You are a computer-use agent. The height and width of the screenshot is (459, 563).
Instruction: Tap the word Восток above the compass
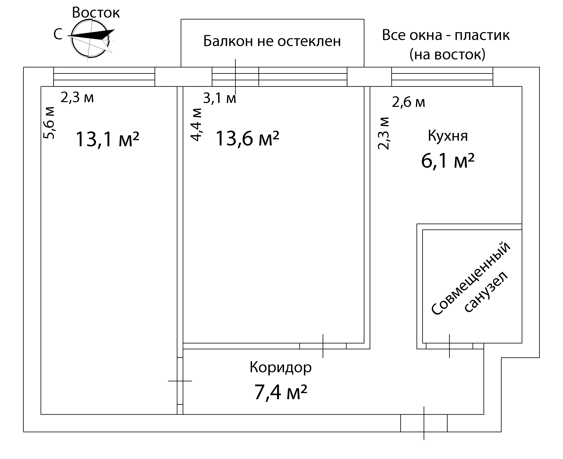click(96, 12)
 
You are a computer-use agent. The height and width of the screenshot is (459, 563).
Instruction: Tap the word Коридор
click(281, 367)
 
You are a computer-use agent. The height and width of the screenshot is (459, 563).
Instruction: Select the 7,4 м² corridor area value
click(281, 392)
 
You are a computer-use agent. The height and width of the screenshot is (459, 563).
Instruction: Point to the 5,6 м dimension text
click(49, 123)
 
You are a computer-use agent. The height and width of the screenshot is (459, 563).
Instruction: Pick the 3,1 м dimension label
click(219, 98)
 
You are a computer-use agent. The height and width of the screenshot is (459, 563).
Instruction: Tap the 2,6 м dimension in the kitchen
click(408, 102)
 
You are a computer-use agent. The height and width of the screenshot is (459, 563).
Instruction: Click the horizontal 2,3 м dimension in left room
click(77, 98)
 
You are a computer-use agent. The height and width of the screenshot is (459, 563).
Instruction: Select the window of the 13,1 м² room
click(104, 77)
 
